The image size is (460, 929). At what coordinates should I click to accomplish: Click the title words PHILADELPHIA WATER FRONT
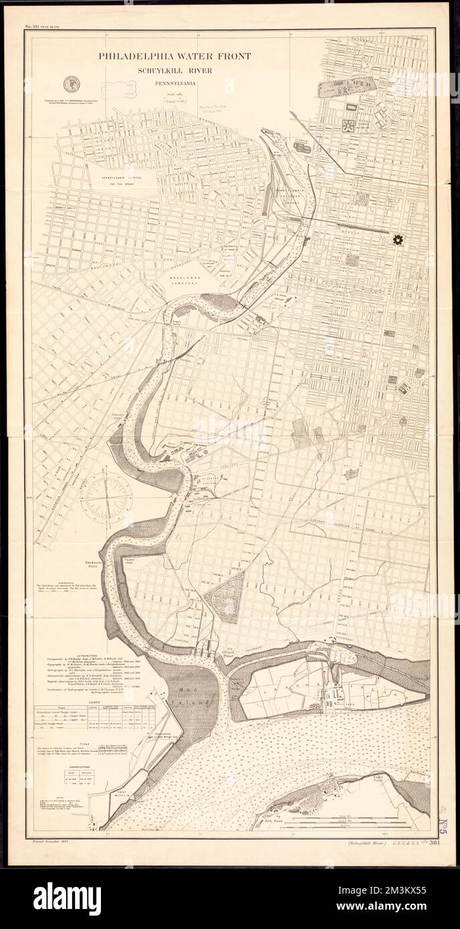pyautogui.click(x=175, y=56)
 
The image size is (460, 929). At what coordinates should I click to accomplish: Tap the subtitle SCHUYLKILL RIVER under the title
pyautogui.click(x=175, y=70)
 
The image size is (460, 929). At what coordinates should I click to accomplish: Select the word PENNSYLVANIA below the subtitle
pyautogui.click(x=175, y=84)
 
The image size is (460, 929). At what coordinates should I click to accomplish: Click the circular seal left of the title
pyautogui.click(x=69, y=84)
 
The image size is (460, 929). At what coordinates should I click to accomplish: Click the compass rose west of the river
pyautogui.click(x=93, y=496)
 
